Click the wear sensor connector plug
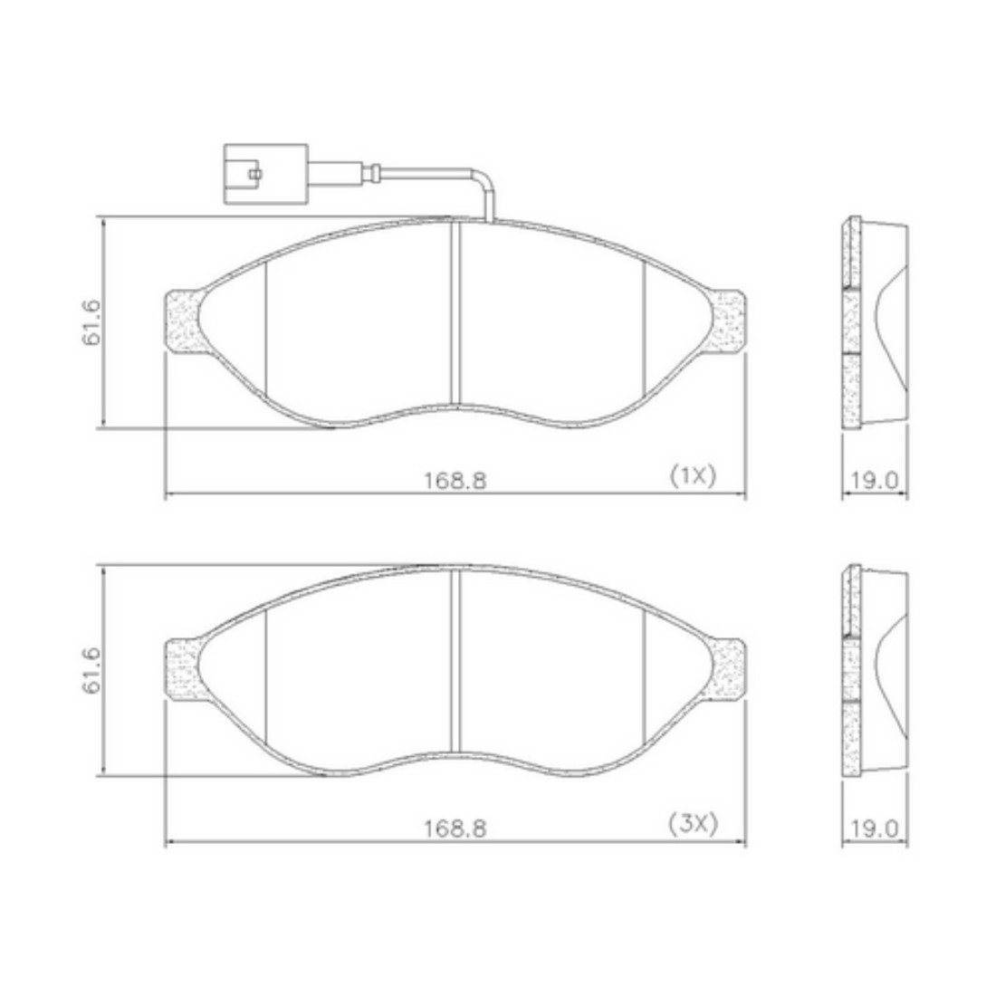[266, 174]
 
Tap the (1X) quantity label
[693, 474]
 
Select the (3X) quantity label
[693, 825]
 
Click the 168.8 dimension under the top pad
[455, 480]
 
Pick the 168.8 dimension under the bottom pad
[455, 828]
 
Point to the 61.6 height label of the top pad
[91, 322]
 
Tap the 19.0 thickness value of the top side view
[876, 480]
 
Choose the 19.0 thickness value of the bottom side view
[876, 828]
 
